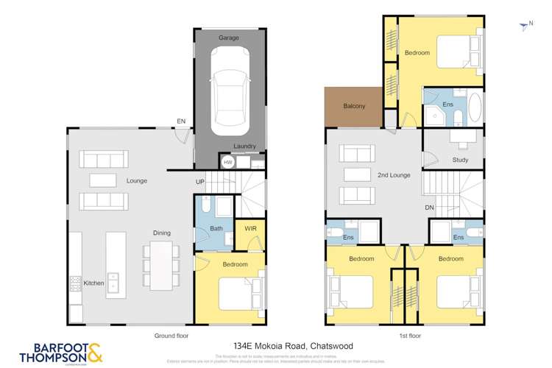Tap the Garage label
[230, 38]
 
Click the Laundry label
[244, 146]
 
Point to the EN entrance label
[180, 121]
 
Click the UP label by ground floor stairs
[199, 181]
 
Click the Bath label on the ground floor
[216, 228]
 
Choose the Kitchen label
[93, 283]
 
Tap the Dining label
[162, 233]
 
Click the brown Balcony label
[354, 107]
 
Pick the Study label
[461, 160]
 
